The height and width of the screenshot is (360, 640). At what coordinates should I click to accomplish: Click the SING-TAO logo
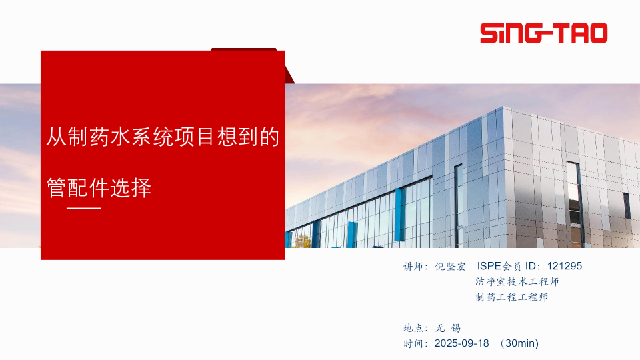[x=544, y=33]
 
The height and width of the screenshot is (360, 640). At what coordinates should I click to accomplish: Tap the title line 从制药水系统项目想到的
[x=163, y=137]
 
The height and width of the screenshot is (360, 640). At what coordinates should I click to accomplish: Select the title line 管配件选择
[x=99, y=188]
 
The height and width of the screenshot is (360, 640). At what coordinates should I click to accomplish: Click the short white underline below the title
[x=84, y=208]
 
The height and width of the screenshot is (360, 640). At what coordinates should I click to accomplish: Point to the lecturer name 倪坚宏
[x=450, y=267]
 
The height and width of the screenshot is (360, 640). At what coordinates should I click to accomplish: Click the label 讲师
[x=413, y=267]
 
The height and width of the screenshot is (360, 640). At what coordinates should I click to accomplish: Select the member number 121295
[x=565, y=266]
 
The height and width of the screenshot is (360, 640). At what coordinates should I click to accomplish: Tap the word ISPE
[x=489, y=266]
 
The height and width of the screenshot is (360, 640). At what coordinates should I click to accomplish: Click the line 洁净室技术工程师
[x=517, y=281]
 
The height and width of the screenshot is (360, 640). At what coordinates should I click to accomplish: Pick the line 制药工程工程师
[x=511, y=297]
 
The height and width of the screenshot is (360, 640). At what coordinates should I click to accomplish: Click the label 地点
[x=413, y=328]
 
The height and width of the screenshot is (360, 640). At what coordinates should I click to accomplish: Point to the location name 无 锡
[x=448, y=328]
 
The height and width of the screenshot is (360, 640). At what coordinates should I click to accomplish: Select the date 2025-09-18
[x=461, y=343]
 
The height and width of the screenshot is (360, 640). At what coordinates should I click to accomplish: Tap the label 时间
[x=413, y=344]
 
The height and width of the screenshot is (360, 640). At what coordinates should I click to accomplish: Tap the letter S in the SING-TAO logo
[x=489, y=33]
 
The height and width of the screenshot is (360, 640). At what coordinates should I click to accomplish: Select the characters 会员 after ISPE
[x=512, y=267]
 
